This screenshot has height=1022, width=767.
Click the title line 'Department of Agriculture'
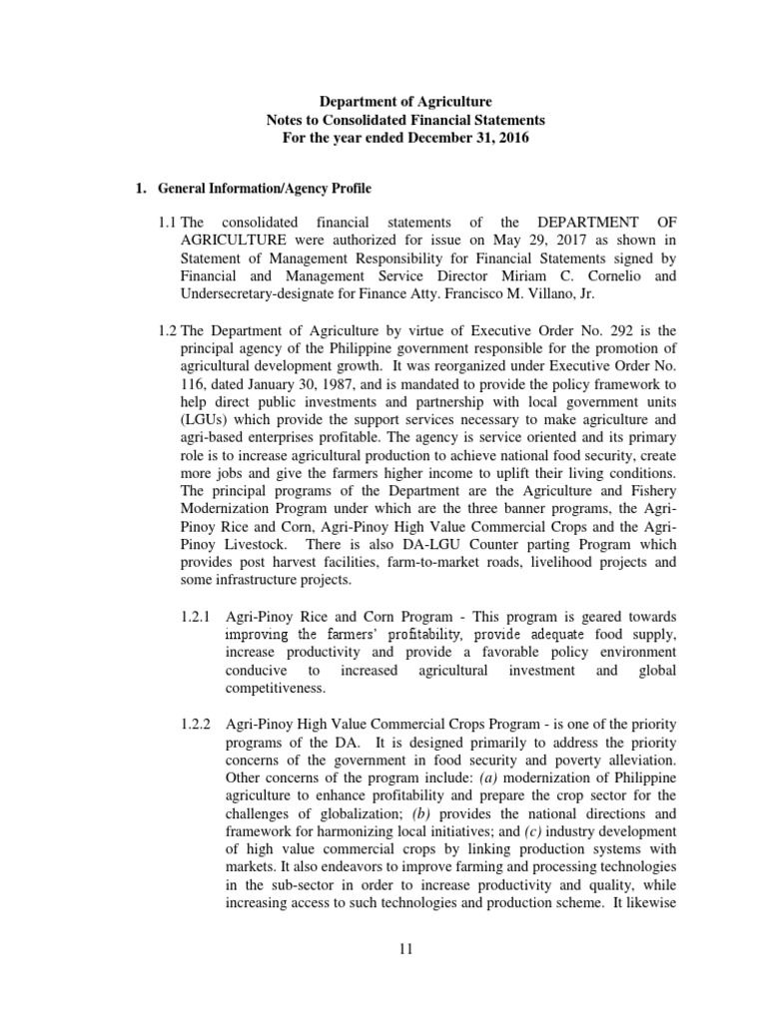(x=404, y=102)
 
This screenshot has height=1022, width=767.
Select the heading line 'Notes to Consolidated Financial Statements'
(x=404, y=120)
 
